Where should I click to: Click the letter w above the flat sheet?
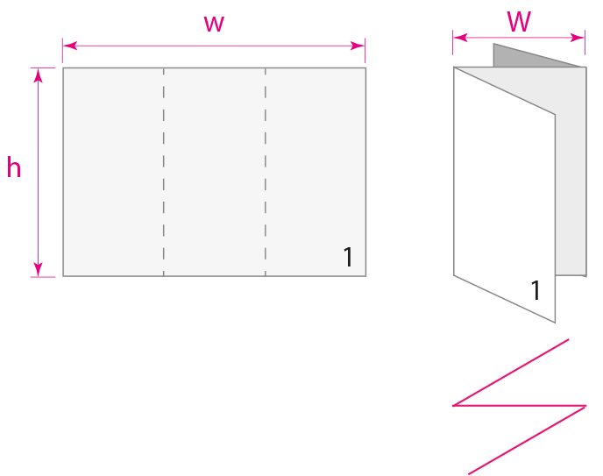pyautogui.click(x=214, y=24)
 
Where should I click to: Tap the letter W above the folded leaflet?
pyautogui.click(x=519, y=22)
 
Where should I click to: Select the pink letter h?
pyautogui.click(x=14, y=168)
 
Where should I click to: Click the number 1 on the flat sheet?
pyautogui.click(x=348, y=258)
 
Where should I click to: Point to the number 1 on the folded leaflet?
pyautogui.click(x=536, y=291)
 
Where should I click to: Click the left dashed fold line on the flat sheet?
pyautogui.click(x=164, y=172)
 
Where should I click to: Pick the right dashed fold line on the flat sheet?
pyautogui.click(x=266, y=172)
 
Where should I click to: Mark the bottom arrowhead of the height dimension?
pyautogui.click(x=38, y=269)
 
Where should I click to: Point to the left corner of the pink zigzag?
pyautogui.click(x=454, y=405)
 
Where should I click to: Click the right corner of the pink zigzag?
pyautogui.click(x=585, y=406)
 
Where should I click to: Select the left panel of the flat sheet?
pyautogui.click(x=113, y=172)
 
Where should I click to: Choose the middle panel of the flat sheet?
pyautogui.click(x=215, y=172)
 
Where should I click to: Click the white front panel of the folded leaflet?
pyautogui.click(x=504, y=193)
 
